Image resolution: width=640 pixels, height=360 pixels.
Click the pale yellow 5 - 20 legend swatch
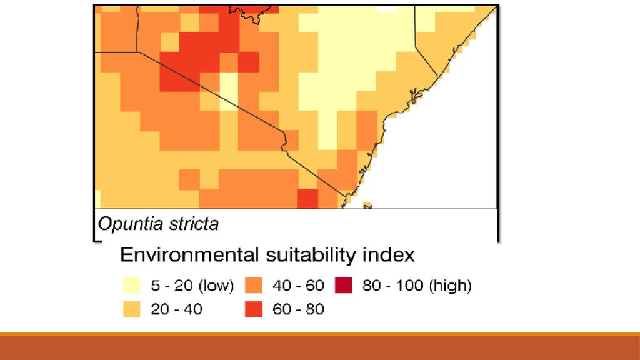point(131,286)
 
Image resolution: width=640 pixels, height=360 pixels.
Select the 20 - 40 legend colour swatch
point(131,309)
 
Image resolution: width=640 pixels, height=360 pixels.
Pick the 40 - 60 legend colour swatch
point(254,286)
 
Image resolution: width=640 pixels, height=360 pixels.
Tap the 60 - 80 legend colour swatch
point(254,309)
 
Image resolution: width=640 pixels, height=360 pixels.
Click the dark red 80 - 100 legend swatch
point(344,286)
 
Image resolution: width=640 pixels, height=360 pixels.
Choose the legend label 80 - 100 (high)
point(416,286)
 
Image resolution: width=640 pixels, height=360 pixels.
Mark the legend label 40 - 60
point(299,286)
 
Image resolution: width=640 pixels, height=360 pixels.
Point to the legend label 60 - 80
point(299,309)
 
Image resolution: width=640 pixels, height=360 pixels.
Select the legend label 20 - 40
point(177,309)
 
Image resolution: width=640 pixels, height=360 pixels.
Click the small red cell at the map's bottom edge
point(307,199)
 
